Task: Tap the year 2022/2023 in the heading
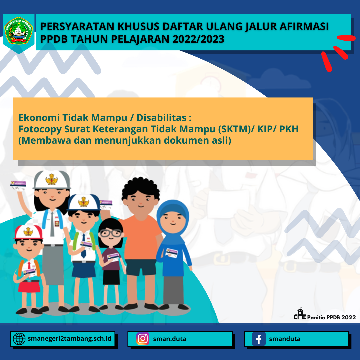click(x=198, y=39)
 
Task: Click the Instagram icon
click(x=143, y=339)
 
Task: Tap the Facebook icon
click(x=259, y=339)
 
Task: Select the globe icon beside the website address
click(x=19, y=339)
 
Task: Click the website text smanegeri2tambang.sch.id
click(x=70, y=339)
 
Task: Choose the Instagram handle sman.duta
click(x=170, y=339)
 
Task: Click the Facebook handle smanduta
click(x=285, y=339)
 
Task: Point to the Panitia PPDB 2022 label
click(x=331, y=317)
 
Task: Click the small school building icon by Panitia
click(x=300, y=314)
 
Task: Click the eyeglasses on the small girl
click(x=111, y=233)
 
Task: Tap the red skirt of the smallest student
click(x=29, y=286)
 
